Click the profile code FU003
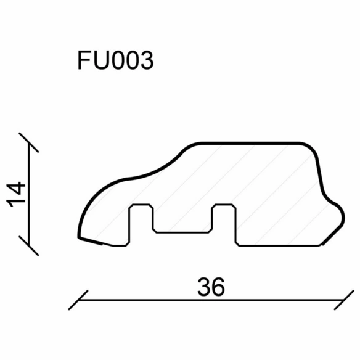(x=116, y=60)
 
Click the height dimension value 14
(x=16, y=194)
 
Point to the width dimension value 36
(x=211, y=287)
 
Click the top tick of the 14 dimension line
(x=29, y=142)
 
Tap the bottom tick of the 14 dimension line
(x=29, y=245)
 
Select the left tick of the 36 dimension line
(x=78, y=300)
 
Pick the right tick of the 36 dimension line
(x=344, y=300)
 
